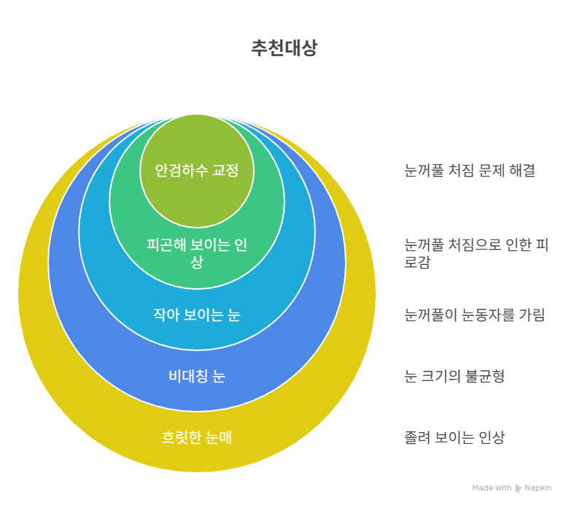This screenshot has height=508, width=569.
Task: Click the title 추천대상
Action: [x=284, y=47]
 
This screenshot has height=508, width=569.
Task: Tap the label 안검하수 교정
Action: [x=197, y=170]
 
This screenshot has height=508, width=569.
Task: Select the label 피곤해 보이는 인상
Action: [x=197, y=253]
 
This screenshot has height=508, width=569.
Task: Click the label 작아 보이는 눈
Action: [x=197, y=315]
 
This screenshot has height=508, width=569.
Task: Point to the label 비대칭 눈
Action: [x=197, y=376]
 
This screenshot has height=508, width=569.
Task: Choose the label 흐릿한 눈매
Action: [x=197, y=437]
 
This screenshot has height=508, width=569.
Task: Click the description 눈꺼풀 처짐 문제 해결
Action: [x=470, y=170]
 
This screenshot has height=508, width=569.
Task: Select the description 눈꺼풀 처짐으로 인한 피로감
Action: [x=476, y=253]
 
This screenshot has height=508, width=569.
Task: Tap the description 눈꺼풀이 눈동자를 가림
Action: [x=474, y=315]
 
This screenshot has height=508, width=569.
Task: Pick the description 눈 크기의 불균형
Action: [x=454, y=376]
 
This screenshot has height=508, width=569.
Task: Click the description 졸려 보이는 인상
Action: [x=454, y=437]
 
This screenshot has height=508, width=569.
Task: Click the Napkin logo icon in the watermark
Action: [x=518, y=488]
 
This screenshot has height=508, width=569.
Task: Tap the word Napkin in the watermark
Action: [x=538, y=488]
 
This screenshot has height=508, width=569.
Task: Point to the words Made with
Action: [x=492, y=488]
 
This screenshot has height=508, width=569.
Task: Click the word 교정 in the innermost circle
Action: [x=225, y=170]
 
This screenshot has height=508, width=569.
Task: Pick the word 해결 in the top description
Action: [x=522, y=170]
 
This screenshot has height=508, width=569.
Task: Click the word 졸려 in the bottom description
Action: [x=417, y=437]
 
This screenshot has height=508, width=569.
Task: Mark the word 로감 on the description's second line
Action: [x=417, y=262]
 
